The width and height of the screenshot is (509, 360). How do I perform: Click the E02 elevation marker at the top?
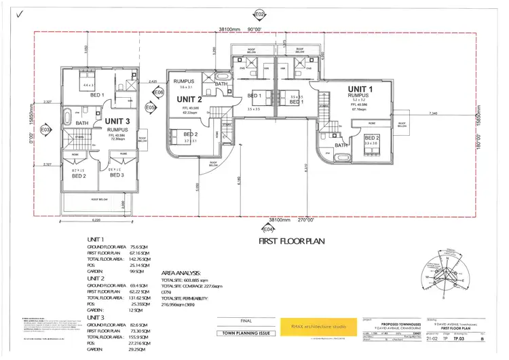click(259, 13)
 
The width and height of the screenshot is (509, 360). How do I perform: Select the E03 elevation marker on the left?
click(45, 128)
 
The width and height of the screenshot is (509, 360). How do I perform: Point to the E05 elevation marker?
click(151, 107)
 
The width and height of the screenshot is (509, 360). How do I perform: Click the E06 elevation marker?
click(159, 92)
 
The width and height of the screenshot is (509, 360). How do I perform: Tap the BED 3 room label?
click(117, 175)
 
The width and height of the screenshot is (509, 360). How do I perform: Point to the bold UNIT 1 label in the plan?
click(360, 89)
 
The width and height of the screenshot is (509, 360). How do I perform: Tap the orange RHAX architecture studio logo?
click(314, 327)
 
